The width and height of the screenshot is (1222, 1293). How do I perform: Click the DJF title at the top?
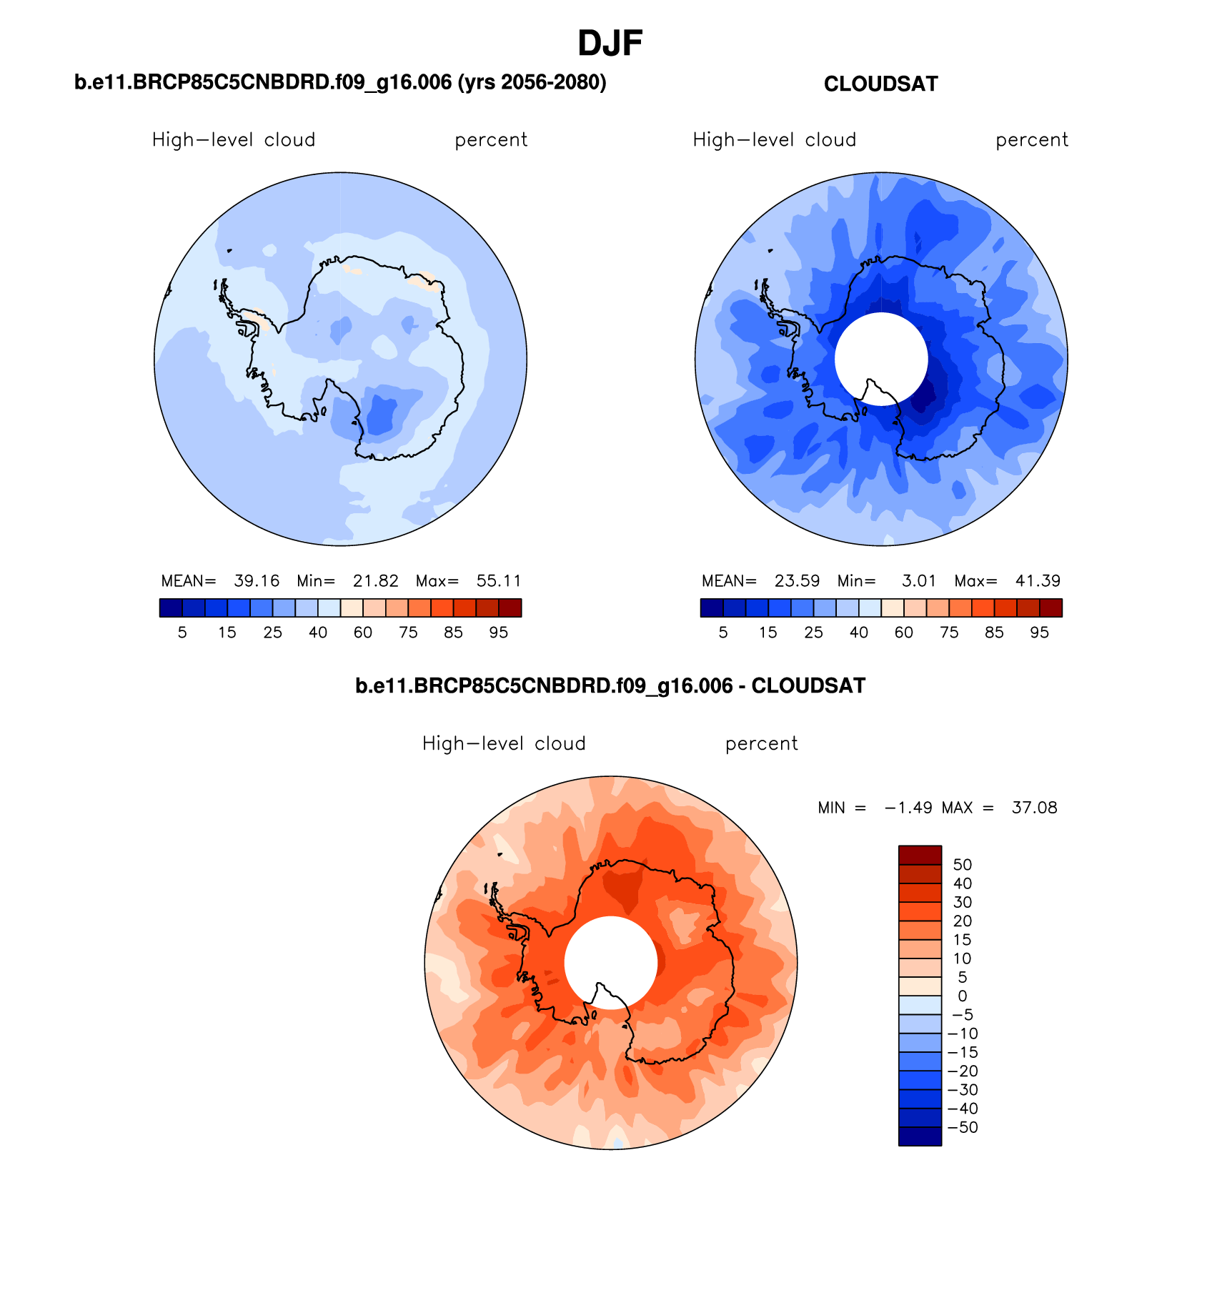[x=610, y=44]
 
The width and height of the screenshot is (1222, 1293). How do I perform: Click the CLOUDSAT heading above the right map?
[x=880, y=84]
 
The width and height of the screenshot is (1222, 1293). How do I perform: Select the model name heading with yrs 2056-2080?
[x=340, y=83]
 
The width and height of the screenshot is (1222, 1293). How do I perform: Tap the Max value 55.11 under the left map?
[x=499, y=581]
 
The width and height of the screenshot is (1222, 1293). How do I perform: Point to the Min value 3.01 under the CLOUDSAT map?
[x=918, y=581]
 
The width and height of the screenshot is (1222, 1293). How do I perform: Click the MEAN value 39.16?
[x=257, y=581]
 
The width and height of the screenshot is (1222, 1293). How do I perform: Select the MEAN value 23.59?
[x=797, y=581]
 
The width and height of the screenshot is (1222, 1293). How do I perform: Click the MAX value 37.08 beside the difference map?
[x=1034, y=808]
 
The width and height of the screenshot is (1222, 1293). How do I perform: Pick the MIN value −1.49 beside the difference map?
[x=908, y=808]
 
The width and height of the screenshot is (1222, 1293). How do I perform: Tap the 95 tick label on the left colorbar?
[x=498, y=633]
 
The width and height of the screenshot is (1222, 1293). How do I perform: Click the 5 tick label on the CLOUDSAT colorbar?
[x=723, y=633]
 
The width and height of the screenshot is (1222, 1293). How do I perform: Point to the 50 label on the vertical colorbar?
[x=962, y=865]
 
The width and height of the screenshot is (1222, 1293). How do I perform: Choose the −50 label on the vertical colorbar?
[x=962, y=1127]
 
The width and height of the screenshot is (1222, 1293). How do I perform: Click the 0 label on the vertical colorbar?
[x=962, y=996]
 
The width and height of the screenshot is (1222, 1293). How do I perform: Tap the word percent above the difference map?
[x=761, y=744]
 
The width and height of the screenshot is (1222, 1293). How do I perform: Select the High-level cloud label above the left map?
[x=234, y=140]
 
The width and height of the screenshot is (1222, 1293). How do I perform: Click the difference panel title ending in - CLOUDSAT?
[x=610, y=686]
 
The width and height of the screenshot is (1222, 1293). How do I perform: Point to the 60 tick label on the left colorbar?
[x=362, y=633]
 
